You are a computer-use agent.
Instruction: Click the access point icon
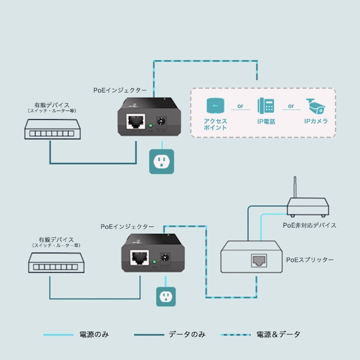pyautogui.click(x=215, y=106)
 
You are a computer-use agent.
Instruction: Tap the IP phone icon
pyautogui.click(x=265, y=106)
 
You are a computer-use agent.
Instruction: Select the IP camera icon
pyautogui.click(x=316, y=106)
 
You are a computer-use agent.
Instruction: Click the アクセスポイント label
pyautogui.click(x=215, y=124)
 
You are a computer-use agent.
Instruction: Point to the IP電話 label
pyautogui.click(x=265, y=121)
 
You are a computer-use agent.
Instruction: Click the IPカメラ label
pyautogui.click(x=316, y=121)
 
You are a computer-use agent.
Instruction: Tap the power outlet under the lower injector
pyautogui.click(x=165, y=297)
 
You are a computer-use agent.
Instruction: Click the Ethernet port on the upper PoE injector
pyautogui.click(x=134, y=121)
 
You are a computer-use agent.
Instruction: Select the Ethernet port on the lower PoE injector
pyautogui.click(x=140, y=257)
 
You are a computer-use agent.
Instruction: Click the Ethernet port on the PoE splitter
pyautogui.click(x=257, y=261)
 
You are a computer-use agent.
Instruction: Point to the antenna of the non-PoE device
pyautogui.click(x=295, y=189)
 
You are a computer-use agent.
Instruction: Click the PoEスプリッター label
pyautogui.click(x=310, y=260)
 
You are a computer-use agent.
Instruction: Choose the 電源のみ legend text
pyautogui.click(x=95, y=334)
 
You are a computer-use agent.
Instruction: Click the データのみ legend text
pyautogui.click(x=187, y=334)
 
